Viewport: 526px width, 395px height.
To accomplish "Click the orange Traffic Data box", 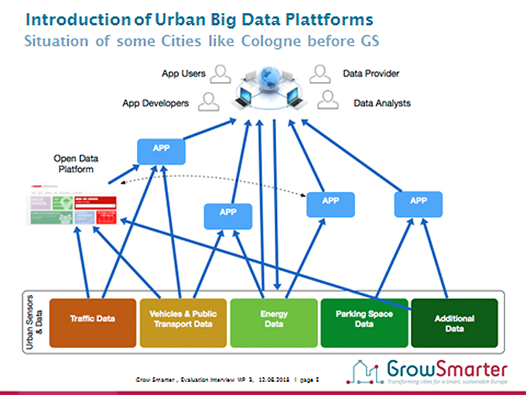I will (x=93, y=318).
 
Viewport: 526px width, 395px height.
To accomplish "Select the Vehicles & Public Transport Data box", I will (x=183, y=318).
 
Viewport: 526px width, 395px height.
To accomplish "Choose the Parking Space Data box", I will (x=364, y=318).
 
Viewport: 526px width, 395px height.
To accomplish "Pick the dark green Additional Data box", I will (x=454, y=318).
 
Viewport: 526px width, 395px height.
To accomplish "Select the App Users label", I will (x=183, y=74).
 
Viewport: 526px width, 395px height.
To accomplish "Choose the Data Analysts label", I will (x=382, y=103).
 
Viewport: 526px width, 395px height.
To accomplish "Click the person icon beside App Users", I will (x=222, y=74).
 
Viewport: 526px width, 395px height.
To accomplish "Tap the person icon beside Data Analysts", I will (x=329, y=101).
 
